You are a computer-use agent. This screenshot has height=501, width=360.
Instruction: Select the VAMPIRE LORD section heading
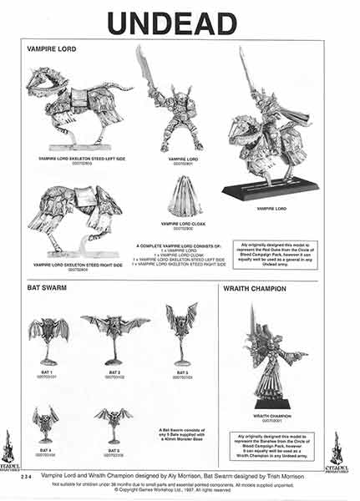point(48,49)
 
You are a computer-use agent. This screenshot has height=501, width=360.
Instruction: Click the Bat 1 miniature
point(48,339)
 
